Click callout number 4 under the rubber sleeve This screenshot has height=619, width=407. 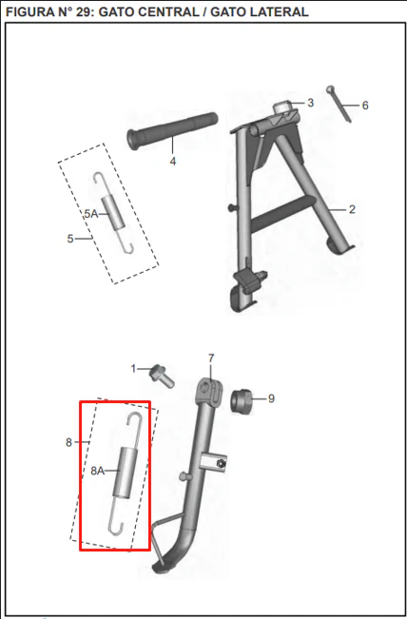point(173,162)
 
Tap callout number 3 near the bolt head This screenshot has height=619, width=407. point(311,103)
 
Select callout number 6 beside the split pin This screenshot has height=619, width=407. point(365,106)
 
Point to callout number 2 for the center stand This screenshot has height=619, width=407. point(352,209)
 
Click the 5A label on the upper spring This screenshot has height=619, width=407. point(90,214)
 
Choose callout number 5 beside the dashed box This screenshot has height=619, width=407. point(70,239)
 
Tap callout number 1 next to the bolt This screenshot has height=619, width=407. point(133,369)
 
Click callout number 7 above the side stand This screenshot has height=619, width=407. point(211,358)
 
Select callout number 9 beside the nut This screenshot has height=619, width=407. point(271,398)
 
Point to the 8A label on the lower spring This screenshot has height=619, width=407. point(98,471)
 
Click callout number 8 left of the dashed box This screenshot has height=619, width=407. point(68,443)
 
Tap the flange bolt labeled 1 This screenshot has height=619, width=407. point(162,376)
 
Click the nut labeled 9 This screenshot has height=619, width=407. point(242,401)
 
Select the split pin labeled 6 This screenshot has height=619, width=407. point(339,105)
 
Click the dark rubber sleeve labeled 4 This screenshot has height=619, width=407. point(172,130)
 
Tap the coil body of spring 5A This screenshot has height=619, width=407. point(113,213)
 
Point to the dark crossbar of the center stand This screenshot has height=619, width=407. point(283,214)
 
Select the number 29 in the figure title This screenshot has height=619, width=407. point(83,11)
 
